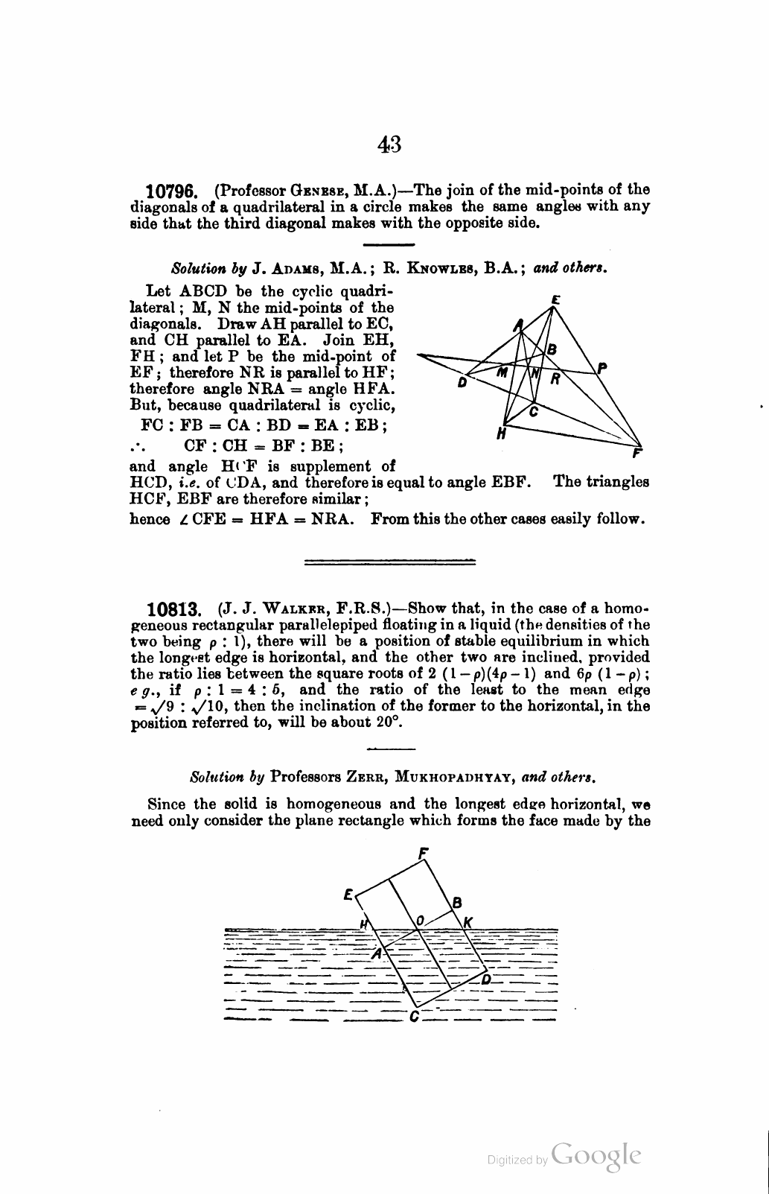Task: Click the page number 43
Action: (x=389, y=144)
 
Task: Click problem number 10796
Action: (x=170, y=191)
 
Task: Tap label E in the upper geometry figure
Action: (x=555, y=299)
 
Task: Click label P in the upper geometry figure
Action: (x=602, y=366)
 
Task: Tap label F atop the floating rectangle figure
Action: (x=423, y=852)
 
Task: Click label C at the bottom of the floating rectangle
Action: (x=414, y=1017)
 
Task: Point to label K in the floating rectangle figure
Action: (x=468, y=922)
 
